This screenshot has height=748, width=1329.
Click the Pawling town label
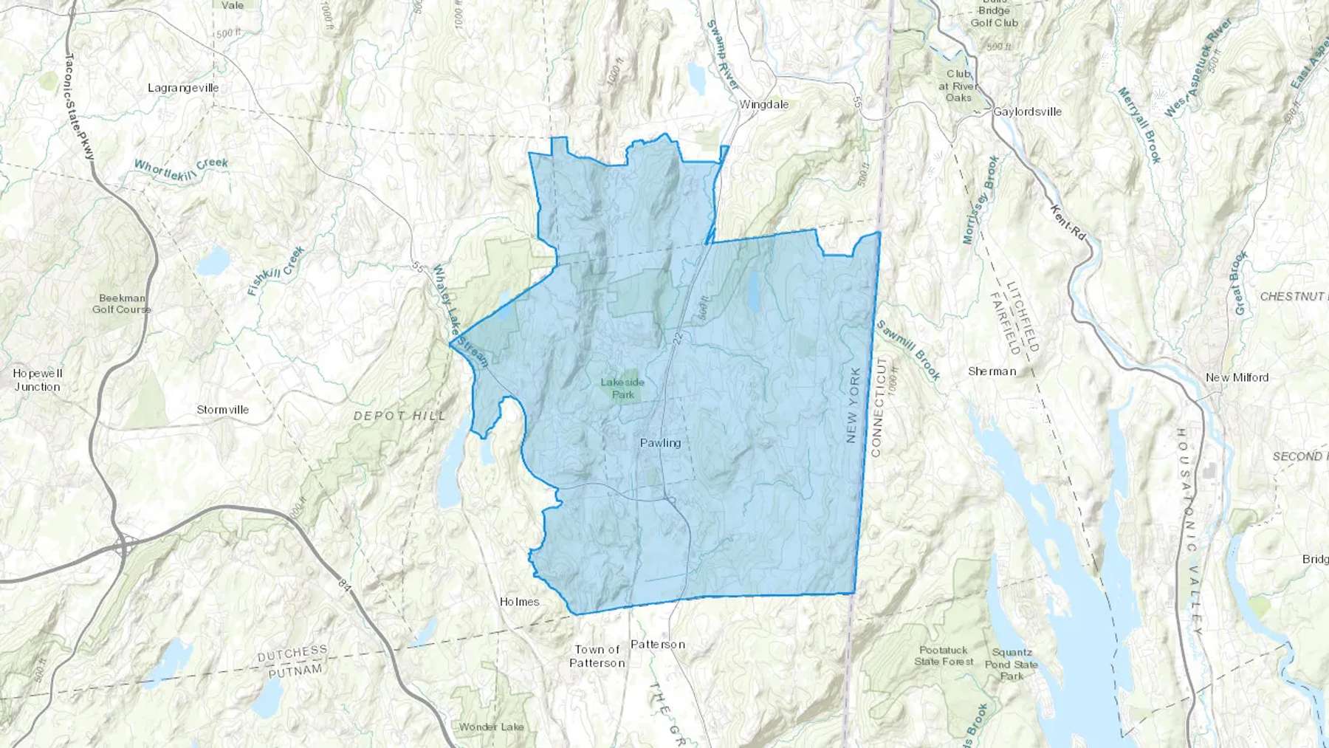pyautogui.click(x=660, y=443)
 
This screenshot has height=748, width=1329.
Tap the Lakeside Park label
pyautogui.click(x=622, y=388)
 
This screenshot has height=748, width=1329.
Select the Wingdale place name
pyautogui.click(x=764, y=105)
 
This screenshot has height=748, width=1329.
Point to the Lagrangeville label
pyautogui.click(x=183, y=88)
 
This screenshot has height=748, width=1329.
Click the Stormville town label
pyautogui.click(x=222, y=410)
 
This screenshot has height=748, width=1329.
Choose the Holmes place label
pyautogui.click(x=519, y=602)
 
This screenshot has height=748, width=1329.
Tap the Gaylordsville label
pyautogui.click(x=1027, y=112)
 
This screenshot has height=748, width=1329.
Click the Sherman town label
pyautogui.click(x=992, y=371)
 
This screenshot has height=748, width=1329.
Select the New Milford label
pyautogui.click(x=1237, y=377)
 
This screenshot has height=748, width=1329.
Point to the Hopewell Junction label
pyautogui.click(x=38, y=380)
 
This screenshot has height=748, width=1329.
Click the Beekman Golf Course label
pyautogui.click(x=122, y=304)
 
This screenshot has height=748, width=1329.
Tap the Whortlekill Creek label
pyautogui.click(x=181, y=169)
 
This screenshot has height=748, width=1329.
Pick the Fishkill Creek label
pyautogui.click(x=275, y=271)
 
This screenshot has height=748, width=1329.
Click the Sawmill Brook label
pyautogui.click(x=908, y=350)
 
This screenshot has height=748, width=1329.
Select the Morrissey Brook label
pyautogui.click(x=981, y=199)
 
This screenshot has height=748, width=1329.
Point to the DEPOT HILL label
pyautogui.click(x=399, y=416)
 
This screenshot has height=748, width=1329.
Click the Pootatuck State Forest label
pyautogui.click(x=944, y=656)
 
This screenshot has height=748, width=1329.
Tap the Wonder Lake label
pyautogui.click(x=491, y=727)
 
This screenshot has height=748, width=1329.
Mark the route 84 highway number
pyautogui.click(x=344, y=585)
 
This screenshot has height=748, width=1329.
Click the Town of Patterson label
pyautogui.click(x=597, y=656)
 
